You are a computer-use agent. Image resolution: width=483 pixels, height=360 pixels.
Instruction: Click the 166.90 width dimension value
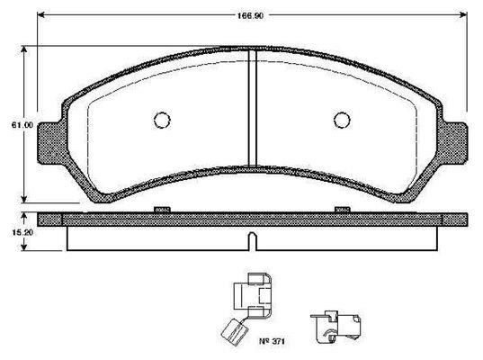250,15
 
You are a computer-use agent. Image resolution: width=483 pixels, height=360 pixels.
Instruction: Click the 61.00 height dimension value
22,125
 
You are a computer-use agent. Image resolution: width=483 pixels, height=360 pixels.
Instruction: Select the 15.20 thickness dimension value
22,232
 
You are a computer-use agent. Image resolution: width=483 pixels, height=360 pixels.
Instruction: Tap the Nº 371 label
272,341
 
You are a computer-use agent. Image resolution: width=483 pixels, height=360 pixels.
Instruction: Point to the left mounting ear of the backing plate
51,143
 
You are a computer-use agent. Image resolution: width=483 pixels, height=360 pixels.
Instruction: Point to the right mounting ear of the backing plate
454,142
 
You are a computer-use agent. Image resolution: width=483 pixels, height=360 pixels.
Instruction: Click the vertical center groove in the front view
252,108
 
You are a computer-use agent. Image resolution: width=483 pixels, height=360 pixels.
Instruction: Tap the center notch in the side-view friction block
252,241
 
